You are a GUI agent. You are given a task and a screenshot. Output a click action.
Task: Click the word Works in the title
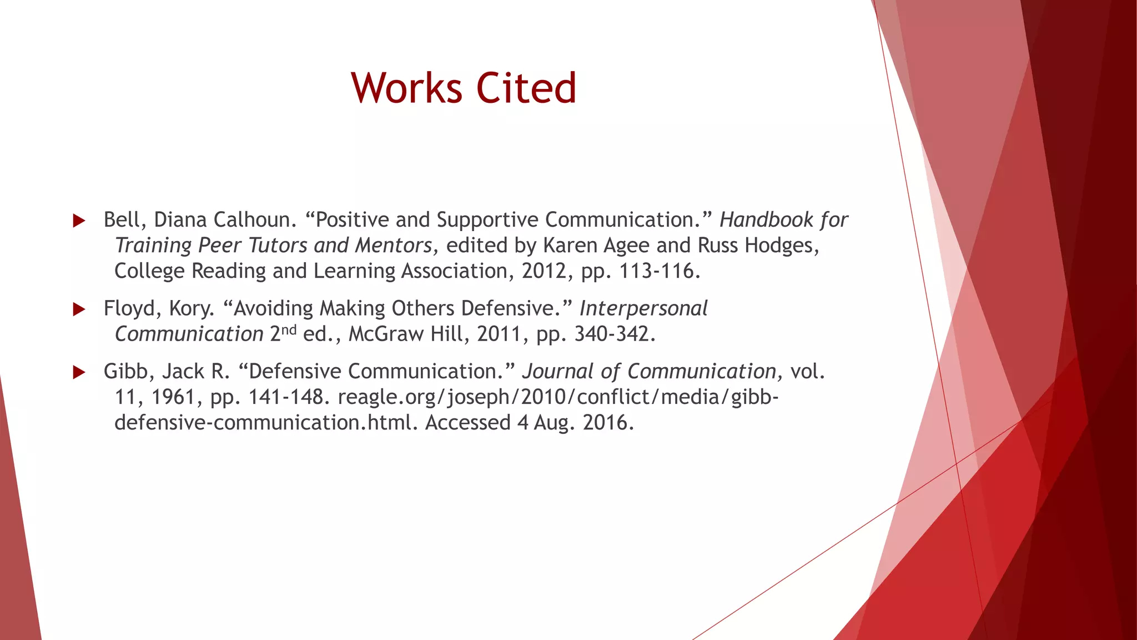[406, 88]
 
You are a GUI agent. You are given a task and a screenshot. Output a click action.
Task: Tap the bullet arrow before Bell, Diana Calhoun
[79, 221]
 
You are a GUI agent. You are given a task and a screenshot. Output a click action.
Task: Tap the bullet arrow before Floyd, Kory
[79, 309]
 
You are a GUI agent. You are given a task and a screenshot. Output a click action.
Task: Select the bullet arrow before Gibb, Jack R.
[79, 372]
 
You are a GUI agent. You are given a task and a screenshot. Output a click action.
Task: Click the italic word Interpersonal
[643, 308]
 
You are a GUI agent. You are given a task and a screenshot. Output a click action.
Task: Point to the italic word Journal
[557, 372]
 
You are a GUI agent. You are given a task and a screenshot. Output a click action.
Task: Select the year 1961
[173, 397]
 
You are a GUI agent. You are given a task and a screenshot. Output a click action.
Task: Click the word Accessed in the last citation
[467, 423]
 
